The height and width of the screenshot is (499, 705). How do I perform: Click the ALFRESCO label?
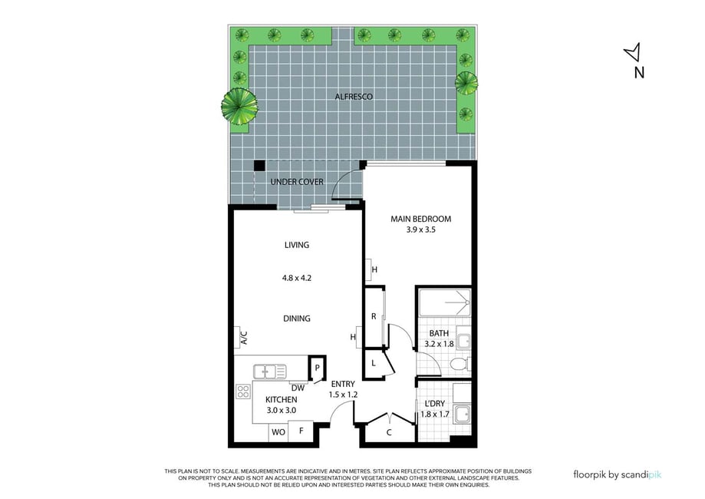pyautogui.click(x=354, y=96)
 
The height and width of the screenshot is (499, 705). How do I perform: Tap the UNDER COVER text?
pyautogui.click(x=297, y=182)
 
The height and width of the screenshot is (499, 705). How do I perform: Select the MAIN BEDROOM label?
pyautogui.click(x=421, y=219)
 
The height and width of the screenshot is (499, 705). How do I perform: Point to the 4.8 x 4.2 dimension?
pyautogui.click(x=297, y=278)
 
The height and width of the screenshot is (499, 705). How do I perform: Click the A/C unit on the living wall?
pyautogui.click(x=237, y=338)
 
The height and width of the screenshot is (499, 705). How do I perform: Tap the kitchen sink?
pyautogui.click(x=270, y=372)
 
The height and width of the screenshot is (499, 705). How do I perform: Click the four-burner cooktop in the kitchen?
pyautogui.click(x=243, y=392)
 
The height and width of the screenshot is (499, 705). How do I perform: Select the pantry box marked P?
pyautogui.click(x=317, y=368)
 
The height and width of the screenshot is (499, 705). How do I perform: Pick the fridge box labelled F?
pyautogui.click(x=301, y=431)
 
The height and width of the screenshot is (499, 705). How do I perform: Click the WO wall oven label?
pyautogui.click(x=278, y=432)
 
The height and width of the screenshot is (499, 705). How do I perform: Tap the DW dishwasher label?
pyautogui.click(x=298, y=388)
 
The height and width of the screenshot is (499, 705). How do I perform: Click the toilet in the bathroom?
pyautogui.click(x=460, y=365)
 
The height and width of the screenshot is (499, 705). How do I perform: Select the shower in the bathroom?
pyautogui.click(x=445, y=302)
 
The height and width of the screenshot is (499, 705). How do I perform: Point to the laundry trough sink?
pyautogui.click(x=463, y=415)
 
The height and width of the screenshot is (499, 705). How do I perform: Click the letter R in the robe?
pyautogui.click(x=374, y=317)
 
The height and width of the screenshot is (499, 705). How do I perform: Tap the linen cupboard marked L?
pyautogui.click(x=374, y=363)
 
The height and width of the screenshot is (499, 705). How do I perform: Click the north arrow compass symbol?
pyautogui.click(x=633, y=52)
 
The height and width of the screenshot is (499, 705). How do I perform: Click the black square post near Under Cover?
pyautogui.click(x=259, y=166)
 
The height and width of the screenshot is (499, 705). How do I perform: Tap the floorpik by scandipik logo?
pyautogui.click(x=618, y=474)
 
